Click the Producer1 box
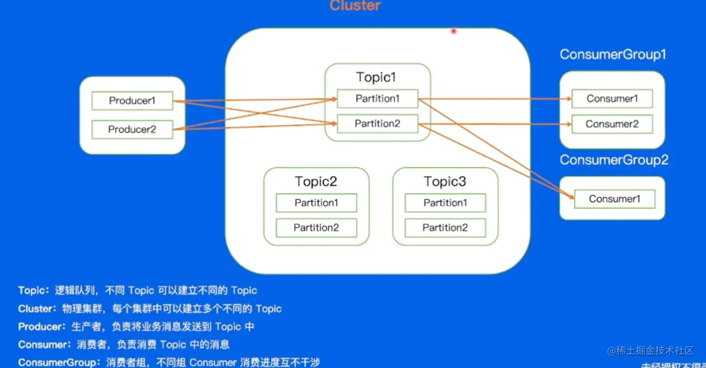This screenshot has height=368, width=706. point(132,101)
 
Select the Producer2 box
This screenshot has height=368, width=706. point(132,129)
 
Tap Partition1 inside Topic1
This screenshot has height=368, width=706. point(377,98)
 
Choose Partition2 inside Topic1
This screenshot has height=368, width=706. point(377,124)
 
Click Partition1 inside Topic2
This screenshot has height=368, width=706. point(316,203)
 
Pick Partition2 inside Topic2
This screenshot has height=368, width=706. point(316,228)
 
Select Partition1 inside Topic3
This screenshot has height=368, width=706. point(445,203)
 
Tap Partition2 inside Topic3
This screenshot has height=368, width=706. point(445,228)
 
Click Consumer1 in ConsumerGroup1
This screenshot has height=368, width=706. point(612,98)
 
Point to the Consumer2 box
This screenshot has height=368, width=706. point(612,124)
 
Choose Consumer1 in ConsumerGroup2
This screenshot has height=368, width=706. point(615,199)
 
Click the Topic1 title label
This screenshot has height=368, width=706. point(376,77)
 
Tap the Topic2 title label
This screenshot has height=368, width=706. point(316,181)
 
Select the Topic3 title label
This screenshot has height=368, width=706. point(444,181)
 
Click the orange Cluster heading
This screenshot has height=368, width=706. point(355,6)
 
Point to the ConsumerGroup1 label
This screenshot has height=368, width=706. point(612,55)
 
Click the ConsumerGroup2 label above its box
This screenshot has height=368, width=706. point(614,160)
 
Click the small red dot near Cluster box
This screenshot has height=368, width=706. point(454,31)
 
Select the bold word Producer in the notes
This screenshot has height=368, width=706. point(40,327)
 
